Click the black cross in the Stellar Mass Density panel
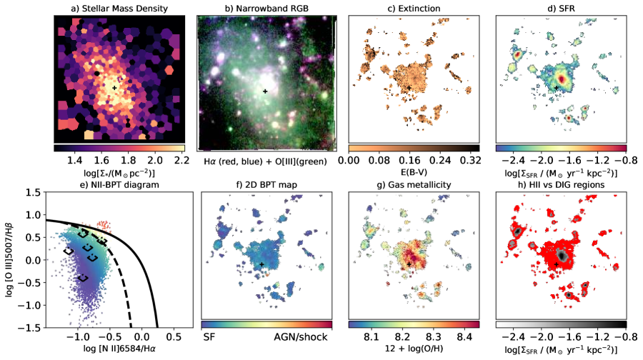114,87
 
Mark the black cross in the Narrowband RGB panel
265,91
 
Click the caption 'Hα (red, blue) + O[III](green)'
265,162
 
